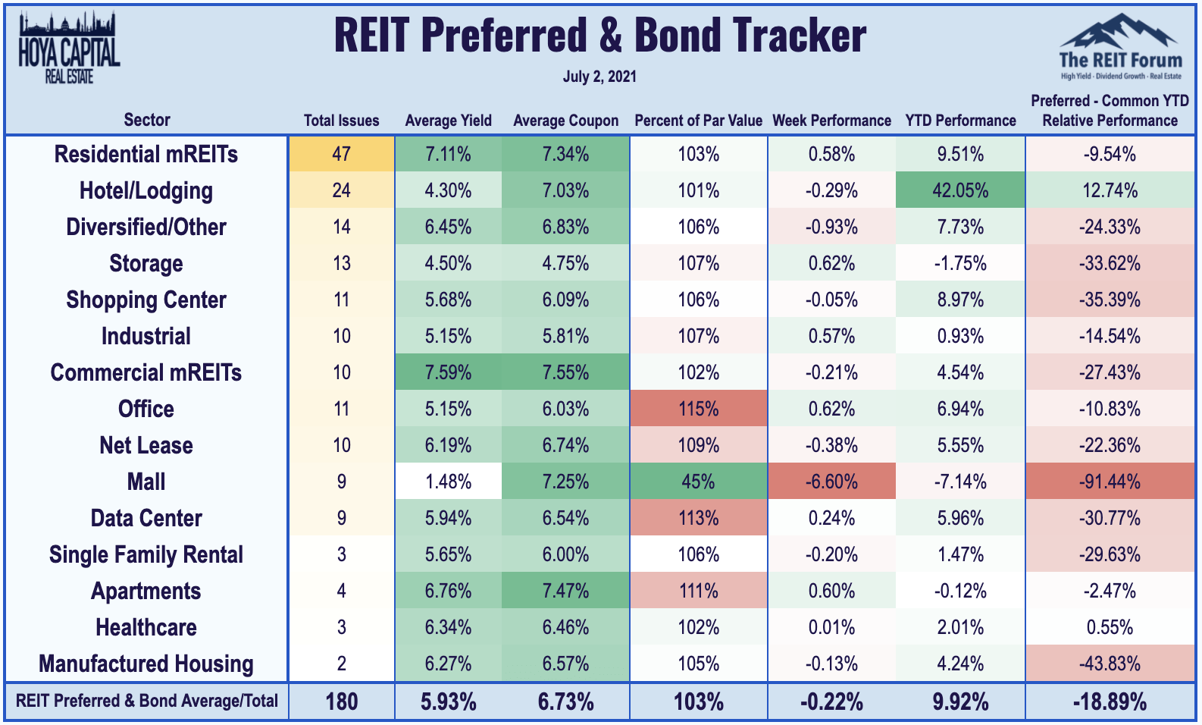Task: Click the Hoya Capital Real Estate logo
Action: (x=69, y=49)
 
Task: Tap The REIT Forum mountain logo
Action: (x=1120, y=47)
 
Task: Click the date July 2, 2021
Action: (x=599, y=77)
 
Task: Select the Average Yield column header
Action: (x=448, y=121)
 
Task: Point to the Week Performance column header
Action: (x=831, y=121)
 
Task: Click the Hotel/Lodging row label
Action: (x=146, y=190)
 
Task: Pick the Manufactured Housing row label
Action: (x=146, y=664)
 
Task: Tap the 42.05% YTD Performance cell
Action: (x=960, y=190)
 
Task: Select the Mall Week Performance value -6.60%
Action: (x=831, y=482)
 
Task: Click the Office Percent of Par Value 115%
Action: (x=698, y=409)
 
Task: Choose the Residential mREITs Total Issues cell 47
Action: (x=341, y=154)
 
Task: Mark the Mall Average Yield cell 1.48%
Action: (x=448, y=482)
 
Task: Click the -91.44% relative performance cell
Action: (x=1110, y=482)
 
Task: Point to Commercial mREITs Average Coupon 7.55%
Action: (x=565, y=372)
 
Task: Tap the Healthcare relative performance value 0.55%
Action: (x=1110, y=626)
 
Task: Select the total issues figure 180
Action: (x=341, y=701)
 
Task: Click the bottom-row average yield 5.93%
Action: (x=448, y=701)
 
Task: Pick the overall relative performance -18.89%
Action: (x=1110, y=701)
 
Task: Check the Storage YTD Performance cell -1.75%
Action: (x=960, y=263)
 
